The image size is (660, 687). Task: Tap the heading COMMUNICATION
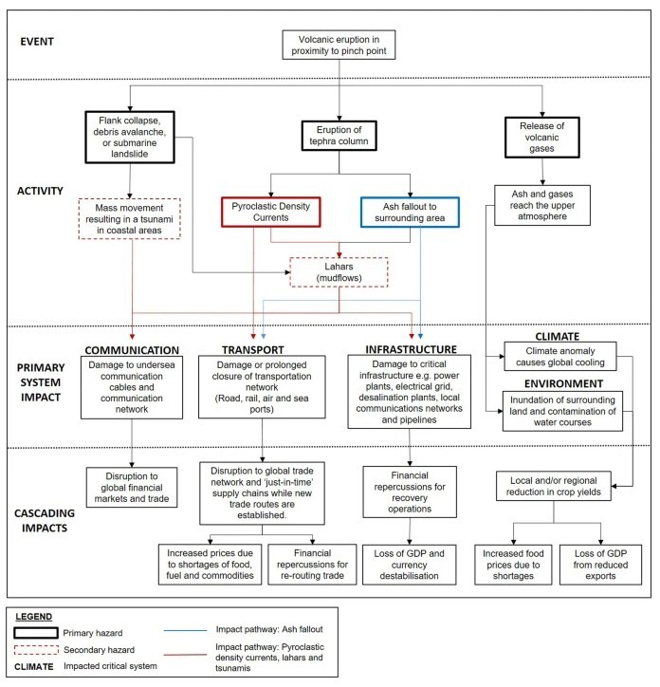[x=132, y=350]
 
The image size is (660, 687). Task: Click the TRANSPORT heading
[x=252, y=349]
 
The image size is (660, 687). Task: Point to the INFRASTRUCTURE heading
[x=411, y=349]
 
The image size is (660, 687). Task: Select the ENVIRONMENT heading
[x=563, y=383]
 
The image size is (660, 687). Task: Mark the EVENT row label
[x=37, y=42]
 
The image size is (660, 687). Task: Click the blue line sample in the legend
[x=185, y=630]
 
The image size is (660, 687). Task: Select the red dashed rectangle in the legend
[x=36, y=646]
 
